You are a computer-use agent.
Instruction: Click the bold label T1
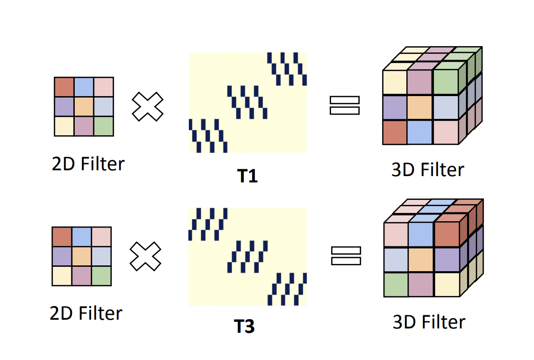point(247,176)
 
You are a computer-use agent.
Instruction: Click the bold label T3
point(245,327)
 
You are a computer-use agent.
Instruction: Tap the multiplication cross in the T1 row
point(148,106)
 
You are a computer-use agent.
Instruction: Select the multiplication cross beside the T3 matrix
point(145,257)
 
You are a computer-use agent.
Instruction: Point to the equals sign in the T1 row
point(344,105)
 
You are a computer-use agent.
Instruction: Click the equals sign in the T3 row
point(346,256)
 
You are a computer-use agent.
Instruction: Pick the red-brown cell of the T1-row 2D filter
point(64,87)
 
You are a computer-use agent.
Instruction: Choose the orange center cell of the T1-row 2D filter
point(83,107)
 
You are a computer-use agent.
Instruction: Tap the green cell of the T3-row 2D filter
point(101,276)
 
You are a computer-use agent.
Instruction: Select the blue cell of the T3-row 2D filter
point(82,236)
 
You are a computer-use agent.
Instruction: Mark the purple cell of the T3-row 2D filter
point(62,256)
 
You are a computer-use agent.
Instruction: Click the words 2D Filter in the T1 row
point(88,164)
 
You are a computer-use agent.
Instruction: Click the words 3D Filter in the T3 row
point(429,322)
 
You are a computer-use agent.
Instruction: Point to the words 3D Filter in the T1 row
point(428,170)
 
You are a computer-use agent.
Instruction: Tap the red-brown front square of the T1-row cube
point(394,132)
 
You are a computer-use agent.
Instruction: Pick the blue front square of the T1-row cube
point(419,132)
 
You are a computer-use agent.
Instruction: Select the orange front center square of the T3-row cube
point(420,260)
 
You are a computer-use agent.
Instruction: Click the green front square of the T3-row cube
point(396,284)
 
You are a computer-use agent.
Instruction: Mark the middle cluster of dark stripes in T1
point(247,102)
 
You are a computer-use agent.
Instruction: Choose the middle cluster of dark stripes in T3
point(248,256)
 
